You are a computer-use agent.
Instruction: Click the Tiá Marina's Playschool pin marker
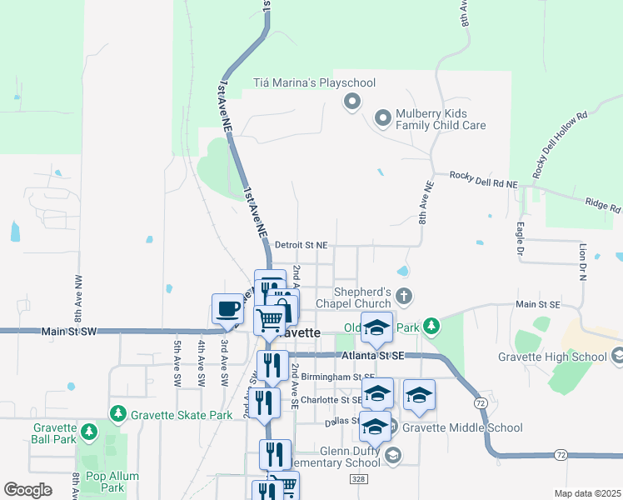click(351, 102)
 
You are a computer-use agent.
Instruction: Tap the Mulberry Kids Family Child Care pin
click(383, 118)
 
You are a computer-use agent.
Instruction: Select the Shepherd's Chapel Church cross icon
click(404, 296)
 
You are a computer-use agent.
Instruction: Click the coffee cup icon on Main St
click(227, 309)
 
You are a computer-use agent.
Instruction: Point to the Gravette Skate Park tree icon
click(118, 414)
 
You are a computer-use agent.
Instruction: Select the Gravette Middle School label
click(462, 428)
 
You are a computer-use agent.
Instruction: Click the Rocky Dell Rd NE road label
click(484, 177)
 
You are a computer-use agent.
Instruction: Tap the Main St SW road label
click(69, 332)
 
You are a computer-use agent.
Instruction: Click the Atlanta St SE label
click(372, 356)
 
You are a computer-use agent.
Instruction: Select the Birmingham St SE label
click(332, 377)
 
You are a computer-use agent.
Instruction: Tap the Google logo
click(27, 489)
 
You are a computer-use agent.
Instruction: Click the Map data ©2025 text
click(586, 493)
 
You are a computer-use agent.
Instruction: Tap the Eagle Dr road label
click(521, 237)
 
